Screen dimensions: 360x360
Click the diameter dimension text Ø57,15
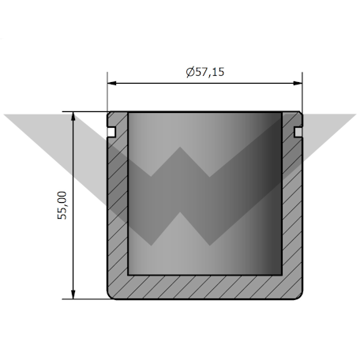tap(205, 72)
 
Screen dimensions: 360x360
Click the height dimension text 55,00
tap(62, 205)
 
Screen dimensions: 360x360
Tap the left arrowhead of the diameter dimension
tap(112, 83)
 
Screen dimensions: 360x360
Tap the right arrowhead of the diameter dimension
tap(298, 83)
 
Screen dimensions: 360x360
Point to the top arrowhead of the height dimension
tap(73, 116)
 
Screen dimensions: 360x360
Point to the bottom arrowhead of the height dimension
tap(73, 294)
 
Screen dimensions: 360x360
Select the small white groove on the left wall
tap(111, 132)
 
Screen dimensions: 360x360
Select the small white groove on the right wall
tap(298, 132)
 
